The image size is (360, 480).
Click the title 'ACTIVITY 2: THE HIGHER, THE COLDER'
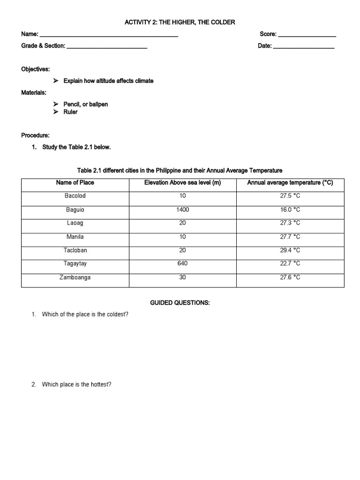coord(180,22)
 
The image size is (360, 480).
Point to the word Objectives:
coord(35,69)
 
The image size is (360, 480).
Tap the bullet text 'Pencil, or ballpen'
coord(86,104)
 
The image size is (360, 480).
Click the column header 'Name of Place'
coord(75,183)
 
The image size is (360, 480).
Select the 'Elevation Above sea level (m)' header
coord(182,183)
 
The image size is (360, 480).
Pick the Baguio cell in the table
coord(75,210)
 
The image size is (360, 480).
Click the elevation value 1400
coord(182,210)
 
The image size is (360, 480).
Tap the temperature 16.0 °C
coord(290,210)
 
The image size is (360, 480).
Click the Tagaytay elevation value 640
coord(182,263)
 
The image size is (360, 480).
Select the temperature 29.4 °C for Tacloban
coord(290,250)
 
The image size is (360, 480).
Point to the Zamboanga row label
coord(75,277)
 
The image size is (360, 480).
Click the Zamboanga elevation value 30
coord(182,277)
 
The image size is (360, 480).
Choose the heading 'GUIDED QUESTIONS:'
coord(180,303)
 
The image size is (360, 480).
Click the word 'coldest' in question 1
coord(117,314)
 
